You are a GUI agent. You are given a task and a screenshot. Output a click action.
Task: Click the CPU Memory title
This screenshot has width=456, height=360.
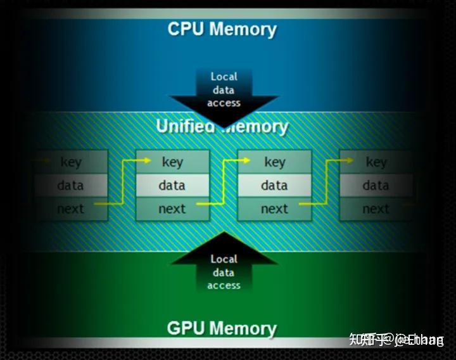[x=222, y=29]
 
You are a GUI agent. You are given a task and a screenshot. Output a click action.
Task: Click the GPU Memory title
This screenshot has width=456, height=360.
[x=222, y=328]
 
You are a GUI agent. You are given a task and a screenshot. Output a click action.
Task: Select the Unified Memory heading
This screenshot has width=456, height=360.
[x=222, y=125]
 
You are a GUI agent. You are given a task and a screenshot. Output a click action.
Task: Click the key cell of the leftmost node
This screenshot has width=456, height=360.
[x=71, y=162]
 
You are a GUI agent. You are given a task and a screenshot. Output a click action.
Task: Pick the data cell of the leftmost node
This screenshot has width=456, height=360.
[x=71, y=185]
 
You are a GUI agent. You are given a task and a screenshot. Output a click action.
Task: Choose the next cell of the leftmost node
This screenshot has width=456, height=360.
[x=71, y=209]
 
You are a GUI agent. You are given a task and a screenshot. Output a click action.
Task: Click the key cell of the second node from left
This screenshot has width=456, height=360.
[x=172, y=162]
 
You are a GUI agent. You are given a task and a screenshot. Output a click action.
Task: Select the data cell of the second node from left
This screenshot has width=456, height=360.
[x=172, y=185]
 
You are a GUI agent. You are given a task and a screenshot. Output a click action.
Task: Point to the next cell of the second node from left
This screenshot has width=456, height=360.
[x=172, y=209]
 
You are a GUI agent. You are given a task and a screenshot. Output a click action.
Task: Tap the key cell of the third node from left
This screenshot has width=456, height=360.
[x=274, y=162]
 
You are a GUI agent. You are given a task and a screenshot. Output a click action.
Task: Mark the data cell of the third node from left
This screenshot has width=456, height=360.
[x=274, y=185]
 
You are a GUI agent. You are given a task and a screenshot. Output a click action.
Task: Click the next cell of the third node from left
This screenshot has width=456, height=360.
[x=274, y=209]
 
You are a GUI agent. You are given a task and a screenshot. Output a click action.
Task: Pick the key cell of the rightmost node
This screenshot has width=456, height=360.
[x=376, y=162]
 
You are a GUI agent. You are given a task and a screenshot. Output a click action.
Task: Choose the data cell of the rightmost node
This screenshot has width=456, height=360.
[x=376, y=185]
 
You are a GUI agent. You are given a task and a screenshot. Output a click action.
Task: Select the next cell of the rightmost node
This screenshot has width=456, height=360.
[x=376, y=209]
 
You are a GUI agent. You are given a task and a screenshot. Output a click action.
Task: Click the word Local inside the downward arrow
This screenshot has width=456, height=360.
[x=224, y=77]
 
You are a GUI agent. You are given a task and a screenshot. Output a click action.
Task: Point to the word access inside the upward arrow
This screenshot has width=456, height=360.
[x=224, y=285]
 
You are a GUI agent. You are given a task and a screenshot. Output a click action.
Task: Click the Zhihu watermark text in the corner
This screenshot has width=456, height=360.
[x=396, y=340]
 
